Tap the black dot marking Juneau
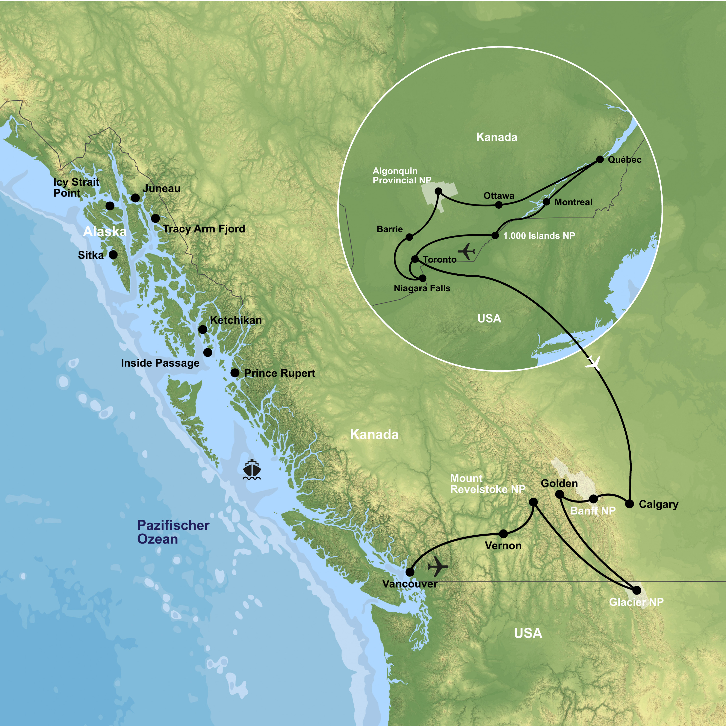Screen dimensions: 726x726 (135, 198)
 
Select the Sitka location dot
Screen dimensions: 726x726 (113, 255)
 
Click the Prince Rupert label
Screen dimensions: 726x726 (280, 373)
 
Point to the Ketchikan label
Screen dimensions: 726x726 (236, 320)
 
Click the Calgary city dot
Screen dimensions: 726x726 (629, 504)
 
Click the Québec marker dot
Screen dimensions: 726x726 (600, 159)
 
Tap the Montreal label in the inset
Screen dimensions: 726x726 (573, 202)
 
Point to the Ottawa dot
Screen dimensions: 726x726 (499, 205)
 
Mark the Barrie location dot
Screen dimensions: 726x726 (409, 237)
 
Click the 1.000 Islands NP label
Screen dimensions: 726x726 (539, 236)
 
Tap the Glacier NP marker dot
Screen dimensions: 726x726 (636, 590)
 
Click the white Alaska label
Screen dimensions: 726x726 (105, 232)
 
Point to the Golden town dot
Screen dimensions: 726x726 (560, 494)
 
